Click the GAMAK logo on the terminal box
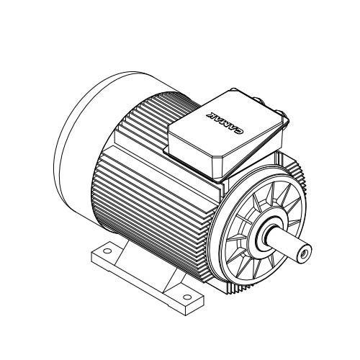point(225,122)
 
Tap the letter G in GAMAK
point(240,131)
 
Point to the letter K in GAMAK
point(211,114)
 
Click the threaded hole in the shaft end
point(305,253)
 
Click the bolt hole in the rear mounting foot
point(107,251)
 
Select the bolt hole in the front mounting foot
point(187,297)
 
